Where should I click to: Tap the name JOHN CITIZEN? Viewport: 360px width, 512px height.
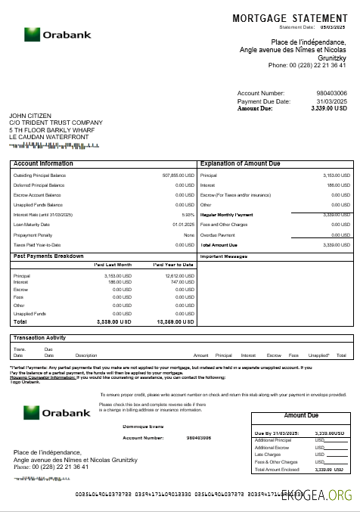pos(30,116)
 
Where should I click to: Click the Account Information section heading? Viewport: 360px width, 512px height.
pos(44,163)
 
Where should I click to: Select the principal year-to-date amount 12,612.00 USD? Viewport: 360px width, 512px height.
pos(171,276)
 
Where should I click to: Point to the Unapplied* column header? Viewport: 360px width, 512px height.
pos(318,355)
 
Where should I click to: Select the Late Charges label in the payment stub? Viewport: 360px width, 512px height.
pos(269,455)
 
